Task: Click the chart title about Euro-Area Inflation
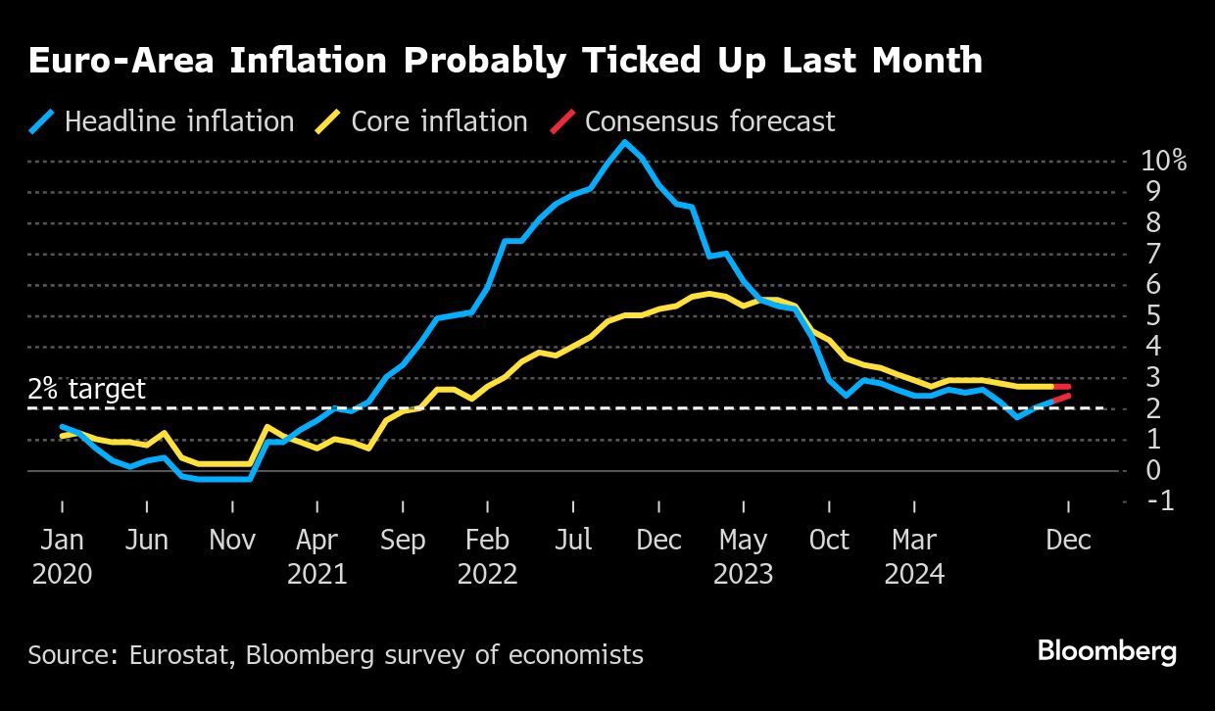click(505, 61)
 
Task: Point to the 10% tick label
click(1164, 162)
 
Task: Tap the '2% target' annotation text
click(87, 389)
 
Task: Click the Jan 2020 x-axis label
click(62, 555)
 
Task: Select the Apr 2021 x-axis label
click(316, 555)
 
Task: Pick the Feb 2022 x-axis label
click(487, 555)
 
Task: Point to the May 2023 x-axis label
click(743, 555)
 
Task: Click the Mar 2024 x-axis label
click(913, 555)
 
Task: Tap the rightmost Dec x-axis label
click(1068, 541)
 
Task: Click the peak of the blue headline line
click(623, 142)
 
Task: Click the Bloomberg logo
click(1107, 652)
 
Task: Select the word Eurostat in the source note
click(172, 654)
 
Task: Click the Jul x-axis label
click(573, 541)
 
